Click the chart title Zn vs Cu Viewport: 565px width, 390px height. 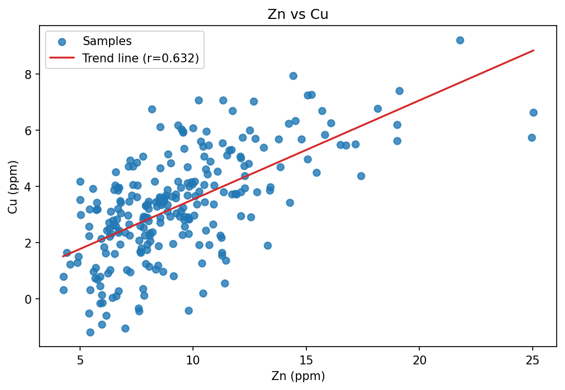tap(298, 14)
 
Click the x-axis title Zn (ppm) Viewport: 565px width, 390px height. tap(298, 376)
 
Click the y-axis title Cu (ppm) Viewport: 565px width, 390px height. tap(13, 186)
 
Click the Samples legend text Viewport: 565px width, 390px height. tap(107, 41)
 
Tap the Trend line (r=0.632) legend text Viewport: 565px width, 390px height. tap(141, 58)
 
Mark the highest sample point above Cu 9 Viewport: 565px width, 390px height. tap(460, 40)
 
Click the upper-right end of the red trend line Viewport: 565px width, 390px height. tap(534, 50)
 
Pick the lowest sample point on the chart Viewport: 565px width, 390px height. tap(90, 332)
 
